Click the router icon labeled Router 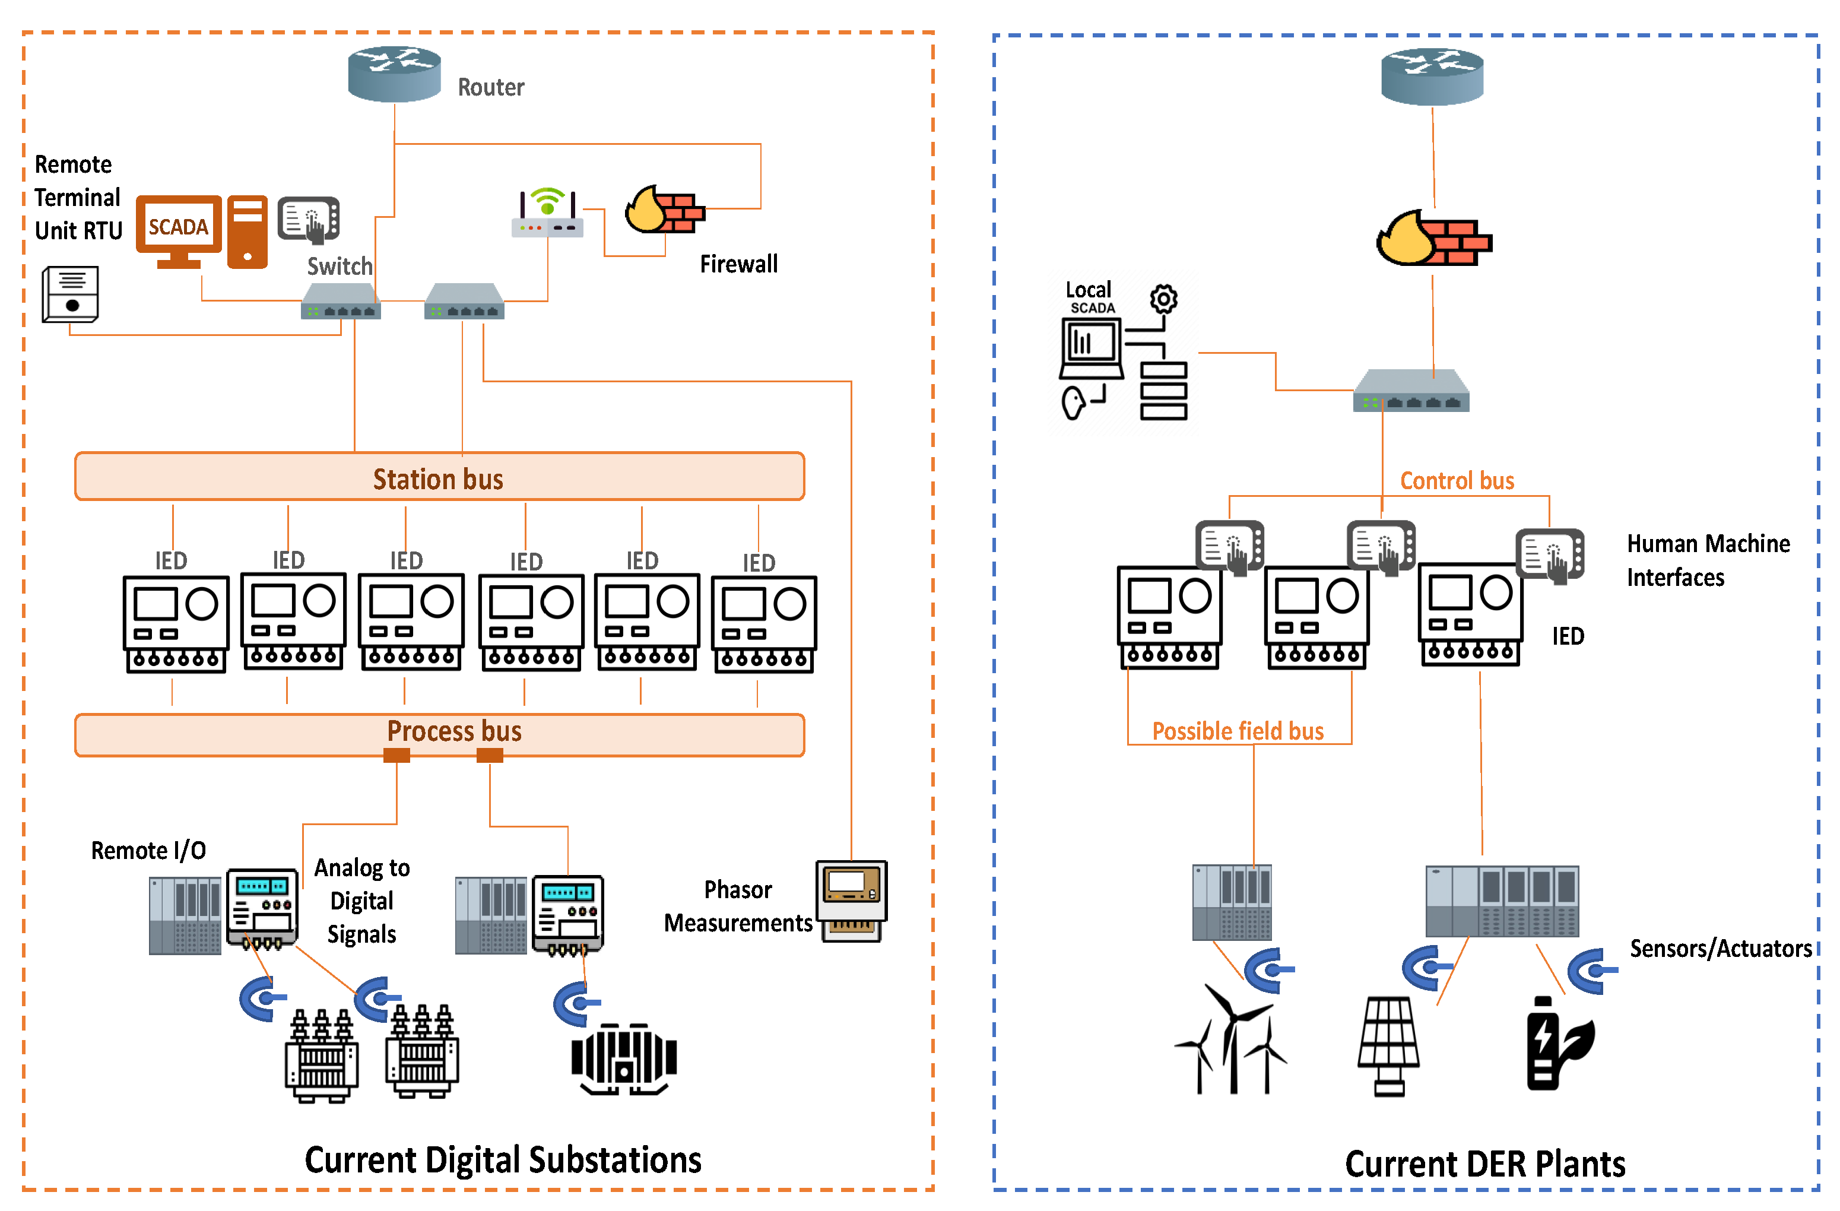[x=394, y=74]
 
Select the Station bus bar [x=439, y=476]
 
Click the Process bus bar [x=439, y=734]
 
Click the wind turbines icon [x=1231, y=1040]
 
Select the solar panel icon [x=1388, y=1045]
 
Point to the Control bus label [x=1457, y=481]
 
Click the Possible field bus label [x=1238, y=731]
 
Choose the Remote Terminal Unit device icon [x=71, y=294]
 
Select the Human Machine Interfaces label [x=1707, y=560]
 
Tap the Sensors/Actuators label [x=1720, y=949]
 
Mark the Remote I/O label [x=148, y=851]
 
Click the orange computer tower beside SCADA [x=248, y=232]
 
